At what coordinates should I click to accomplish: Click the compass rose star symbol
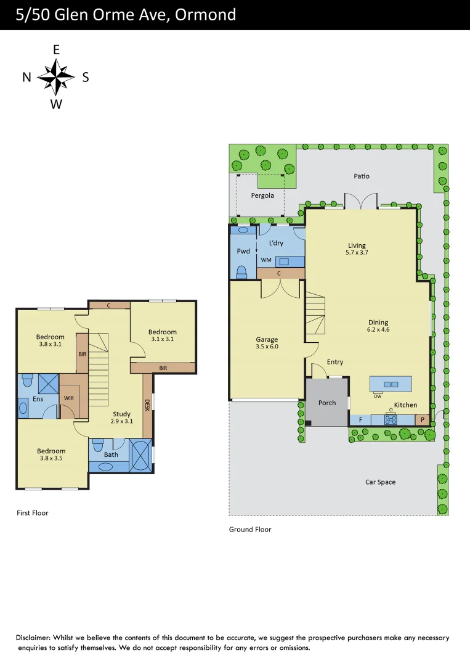56,76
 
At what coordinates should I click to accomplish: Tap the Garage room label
267,339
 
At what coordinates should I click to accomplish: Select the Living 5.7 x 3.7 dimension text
356,252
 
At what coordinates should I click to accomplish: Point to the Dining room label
378,322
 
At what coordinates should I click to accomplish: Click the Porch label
327,403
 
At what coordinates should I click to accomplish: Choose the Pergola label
262,196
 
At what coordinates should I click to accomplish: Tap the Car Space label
380,482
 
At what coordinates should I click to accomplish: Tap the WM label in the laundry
266,260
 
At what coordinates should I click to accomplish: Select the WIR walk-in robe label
69,398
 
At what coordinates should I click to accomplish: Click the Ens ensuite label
38,399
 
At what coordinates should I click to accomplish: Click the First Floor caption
32,512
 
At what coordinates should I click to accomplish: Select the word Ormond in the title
205,14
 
